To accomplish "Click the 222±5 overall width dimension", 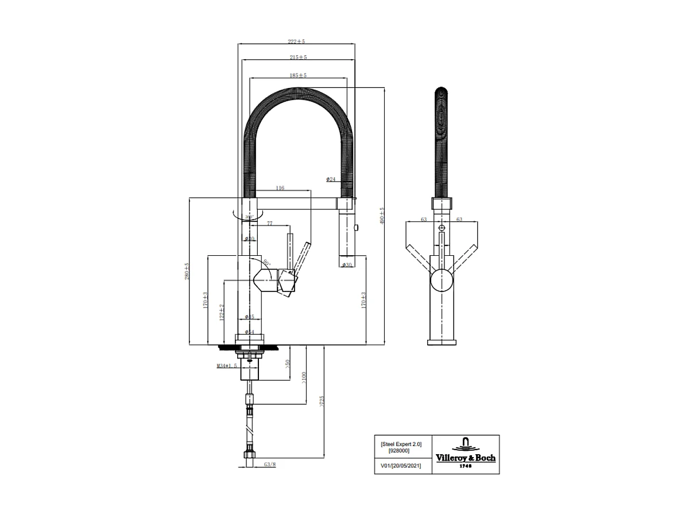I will coord(296,41).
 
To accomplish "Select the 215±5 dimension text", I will coord(298,57).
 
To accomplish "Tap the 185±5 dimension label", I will coord(298,75).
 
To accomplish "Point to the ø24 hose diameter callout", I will coord(331,179).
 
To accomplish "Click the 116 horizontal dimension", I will coord(280,188).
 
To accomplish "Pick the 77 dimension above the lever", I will coord(269,223).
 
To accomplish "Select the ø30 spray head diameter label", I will coord(347,264).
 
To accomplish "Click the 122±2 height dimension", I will coord(222,312).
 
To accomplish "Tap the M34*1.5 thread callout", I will coord(226,366).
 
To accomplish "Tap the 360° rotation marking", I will coord(248,217).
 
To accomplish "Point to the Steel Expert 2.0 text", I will coord(401,444).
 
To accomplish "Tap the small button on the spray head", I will coord(357,228).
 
